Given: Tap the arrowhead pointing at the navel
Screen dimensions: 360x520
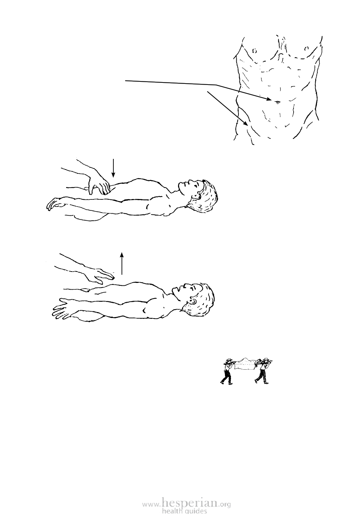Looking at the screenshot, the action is (x=269, y=99).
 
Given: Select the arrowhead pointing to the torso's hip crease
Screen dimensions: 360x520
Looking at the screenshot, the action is (x=245, y=123).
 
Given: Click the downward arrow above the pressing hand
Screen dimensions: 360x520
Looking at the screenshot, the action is (x=113, y=168).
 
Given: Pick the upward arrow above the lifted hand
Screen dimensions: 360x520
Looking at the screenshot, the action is (x=122, y=263).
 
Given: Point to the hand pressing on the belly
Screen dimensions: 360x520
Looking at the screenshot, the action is (x=99, y=186).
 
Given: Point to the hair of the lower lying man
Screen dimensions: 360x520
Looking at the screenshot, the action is (x=202, y=300).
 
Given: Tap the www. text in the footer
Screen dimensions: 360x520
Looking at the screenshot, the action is (x=151, y=502).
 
